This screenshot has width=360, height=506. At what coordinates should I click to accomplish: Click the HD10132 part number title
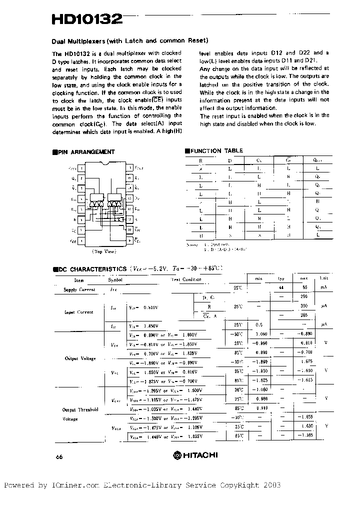86,19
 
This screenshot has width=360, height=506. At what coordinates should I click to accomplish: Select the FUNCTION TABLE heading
213,150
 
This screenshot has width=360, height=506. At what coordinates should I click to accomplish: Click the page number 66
59,456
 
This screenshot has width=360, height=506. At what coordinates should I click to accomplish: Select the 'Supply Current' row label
79,289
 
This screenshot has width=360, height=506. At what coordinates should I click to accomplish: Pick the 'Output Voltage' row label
80,358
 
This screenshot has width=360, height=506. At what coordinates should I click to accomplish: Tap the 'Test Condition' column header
186,279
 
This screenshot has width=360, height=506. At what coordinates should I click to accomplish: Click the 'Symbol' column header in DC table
115,280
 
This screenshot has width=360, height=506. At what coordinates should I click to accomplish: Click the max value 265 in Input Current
303,315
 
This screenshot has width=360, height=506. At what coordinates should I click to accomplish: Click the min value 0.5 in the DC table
259,324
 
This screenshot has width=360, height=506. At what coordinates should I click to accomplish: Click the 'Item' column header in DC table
79,280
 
